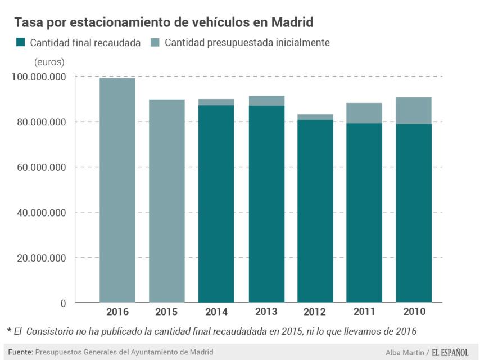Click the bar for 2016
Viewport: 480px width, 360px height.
click(117, 190)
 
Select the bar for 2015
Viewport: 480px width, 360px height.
click(166, 201)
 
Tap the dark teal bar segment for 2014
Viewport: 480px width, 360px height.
click(216, 204)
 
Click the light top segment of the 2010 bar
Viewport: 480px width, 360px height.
click(413, 110)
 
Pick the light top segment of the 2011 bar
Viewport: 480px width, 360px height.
click(364, 113)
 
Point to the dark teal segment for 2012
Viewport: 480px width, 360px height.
click(315, 211)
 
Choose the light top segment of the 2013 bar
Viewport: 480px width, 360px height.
click(265, 101)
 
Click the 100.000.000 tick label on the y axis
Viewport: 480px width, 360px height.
click(38, 76)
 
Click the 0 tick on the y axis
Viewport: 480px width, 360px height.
click(63, 303)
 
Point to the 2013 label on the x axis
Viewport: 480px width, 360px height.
click(265, 312)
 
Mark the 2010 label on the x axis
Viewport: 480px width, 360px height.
click(413, 312)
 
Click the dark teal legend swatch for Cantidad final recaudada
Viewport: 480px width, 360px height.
click(20, 42)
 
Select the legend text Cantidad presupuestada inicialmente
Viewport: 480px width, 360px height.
click(247, 42)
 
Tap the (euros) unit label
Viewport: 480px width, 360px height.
click(49, 61)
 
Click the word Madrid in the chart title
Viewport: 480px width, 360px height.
click(292, 22)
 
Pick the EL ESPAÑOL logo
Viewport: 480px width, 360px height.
click(450, 352)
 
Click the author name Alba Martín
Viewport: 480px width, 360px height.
click(405, 353)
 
